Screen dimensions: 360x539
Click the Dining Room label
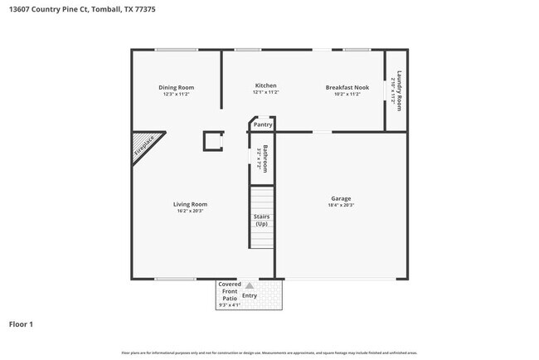[176, 87]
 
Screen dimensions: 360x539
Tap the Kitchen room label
[265, 85]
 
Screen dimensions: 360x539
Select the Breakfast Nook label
[347, 86]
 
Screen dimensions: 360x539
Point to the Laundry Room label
[399, 90]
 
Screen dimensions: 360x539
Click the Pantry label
[263, 124]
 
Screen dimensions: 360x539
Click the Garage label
[341, 198]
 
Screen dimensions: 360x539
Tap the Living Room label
[190, 204]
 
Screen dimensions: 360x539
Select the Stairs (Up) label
[261, 221]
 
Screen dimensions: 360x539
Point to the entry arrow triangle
[249, 285]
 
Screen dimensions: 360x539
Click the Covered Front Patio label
[229, 290]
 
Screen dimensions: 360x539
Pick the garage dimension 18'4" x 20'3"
[341, 206]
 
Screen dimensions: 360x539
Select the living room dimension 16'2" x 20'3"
[190, 212]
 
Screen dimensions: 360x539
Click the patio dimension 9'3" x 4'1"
[229, 305]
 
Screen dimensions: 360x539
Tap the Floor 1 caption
[21, 324]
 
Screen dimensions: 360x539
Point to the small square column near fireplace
[213, 140]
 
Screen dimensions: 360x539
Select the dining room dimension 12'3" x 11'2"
[176, 95]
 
